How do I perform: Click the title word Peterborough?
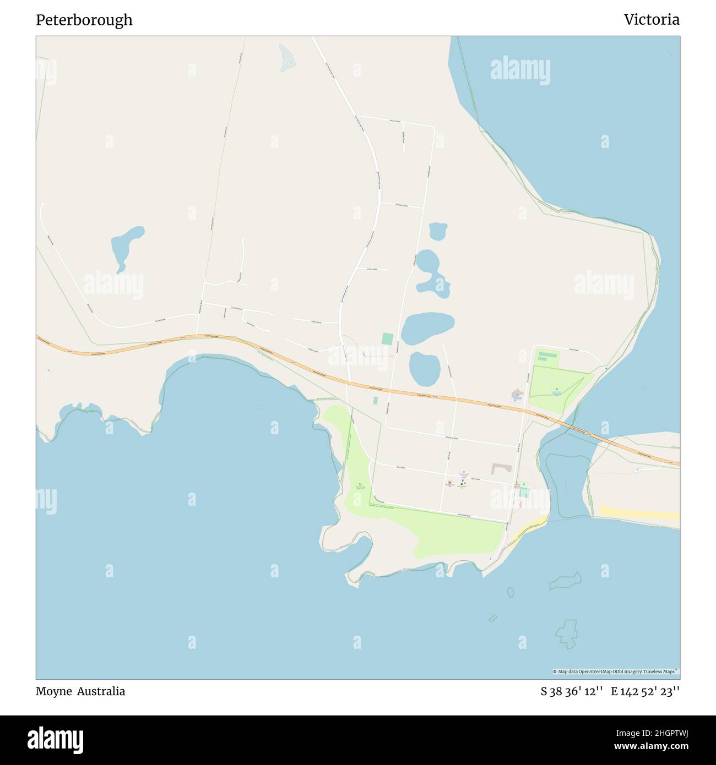tap(84, 20)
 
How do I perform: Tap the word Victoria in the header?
tap(651, 20)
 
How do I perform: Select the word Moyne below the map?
tap(53, 691)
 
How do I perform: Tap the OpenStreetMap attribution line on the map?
tap(615, 671)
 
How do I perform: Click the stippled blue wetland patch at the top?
tap(286, 58)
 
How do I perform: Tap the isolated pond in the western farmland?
tap(126, 247)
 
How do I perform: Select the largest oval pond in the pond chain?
tap(427, 328)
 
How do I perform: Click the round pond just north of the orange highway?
tap(425, 369)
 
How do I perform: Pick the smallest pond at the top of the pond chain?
tap(438, 231)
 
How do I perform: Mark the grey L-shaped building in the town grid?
tap(501, 468)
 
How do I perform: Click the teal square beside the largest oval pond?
tap(388, 338)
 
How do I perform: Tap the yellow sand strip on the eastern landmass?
tap(639, 512)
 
